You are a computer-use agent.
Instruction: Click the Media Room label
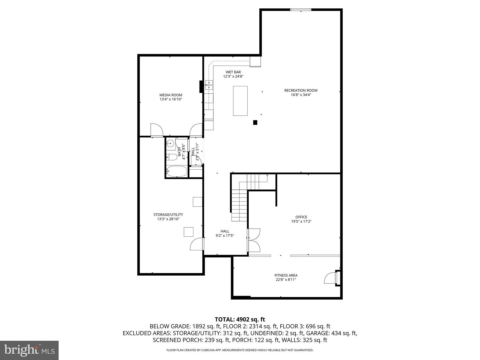171,95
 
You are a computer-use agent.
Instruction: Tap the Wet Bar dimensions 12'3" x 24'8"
233,76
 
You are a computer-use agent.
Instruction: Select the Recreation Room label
301,90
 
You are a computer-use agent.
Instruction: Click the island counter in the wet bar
240,101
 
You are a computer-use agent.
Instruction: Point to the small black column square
255,122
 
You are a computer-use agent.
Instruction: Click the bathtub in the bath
177,172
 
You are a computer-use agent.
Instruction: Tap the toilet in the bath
172,157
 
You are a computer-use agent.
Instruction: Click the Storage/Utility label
168,215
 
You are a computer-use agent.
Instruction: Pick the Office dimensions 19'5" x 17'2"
301,221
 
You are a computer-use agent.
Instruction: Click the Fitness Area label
286,275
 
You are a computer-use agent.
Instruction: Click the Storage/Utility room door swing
197,244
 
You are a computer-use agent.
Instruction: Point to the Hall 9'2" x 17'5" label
225,233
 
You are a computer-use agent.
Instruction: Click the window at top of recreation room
301,10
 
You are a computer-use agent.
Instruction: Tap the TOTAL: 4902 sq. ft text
240,320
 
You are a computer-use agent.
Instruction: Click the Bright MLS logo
29,350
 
